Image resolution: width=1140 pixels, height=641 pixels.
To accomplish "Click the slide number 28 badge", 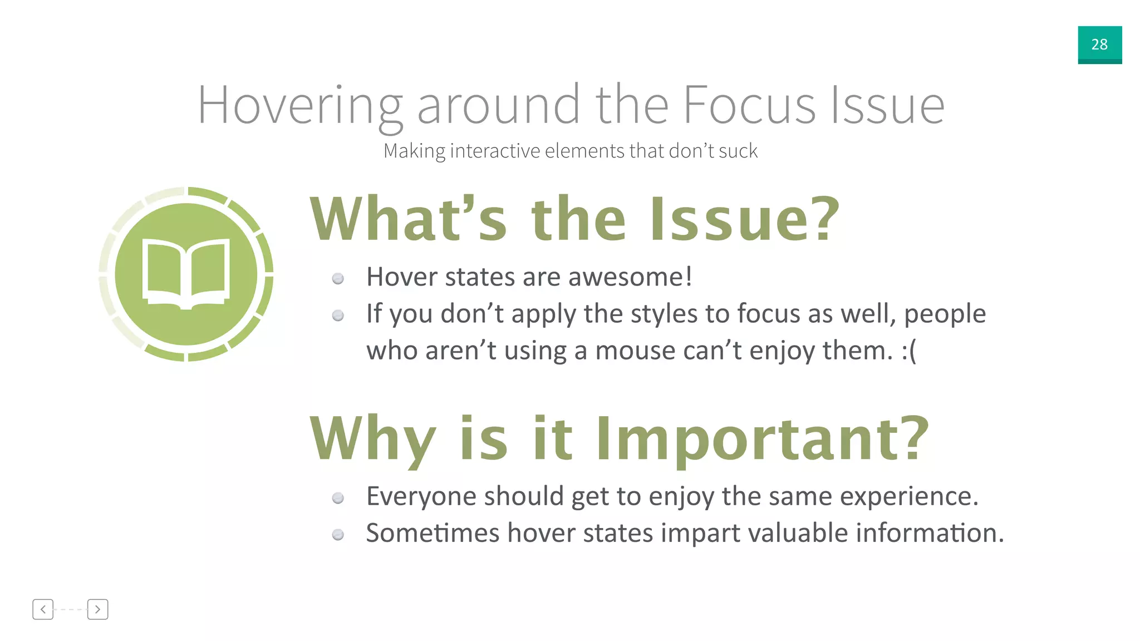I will tap(1099, 45).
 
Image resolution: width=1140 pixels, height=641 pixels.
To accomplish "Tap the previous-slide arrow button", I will tap(43, 609).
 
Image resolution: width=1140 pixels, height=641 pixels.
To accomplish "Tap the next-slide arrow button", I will tap(97, 609).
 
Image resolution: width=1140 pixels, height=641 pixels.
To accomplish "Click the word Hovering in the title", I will tap(300, 105).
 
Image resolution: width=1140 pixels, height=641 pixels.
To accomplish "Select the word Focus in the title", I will tap(749, 105).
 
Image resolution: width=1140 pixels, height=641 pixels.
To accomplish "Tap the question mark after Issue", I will tap(823, 219).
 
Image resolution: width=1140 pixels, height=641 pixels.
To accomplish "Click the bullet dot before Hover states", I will tap(338, 279).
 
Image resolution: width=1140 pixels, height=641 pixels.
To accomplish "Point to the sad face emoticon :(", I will tap(909, 351).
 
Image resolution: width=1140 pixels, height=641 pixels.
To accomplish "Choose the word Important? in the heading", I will tap(763, 440).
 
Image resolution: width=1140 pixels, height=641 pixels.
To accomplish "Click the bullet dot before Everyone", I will tap(338, 498).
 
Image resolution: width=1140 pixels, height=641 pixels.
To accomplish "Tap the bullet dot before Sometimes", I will tap(338, 535).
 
